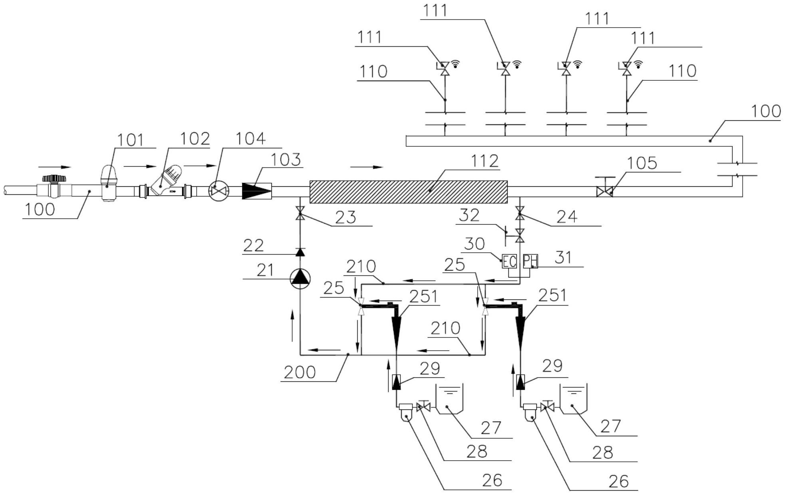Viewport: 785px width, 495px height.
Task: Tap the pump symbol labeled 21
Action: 300,278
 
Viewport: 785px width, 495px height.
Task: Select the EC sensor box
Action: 509,261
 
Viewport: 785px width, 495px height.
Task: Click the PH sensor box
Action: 530,261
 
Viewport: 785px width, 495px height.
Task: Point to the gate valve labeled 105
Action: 604,192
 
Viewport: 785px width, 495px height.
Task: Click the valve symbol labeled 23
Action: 300,214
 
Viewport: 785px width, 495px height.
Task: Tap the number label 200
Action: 300,372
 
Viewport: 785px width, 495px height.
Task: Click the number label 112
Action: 484,161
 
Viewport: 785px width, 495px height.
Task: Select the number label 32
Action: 469,216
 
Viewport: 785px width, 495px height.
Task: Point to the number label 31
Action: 564,257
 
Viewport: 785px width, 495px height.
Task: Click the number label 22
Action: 253,245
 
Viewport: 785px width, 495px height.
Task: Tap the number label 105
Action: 642,163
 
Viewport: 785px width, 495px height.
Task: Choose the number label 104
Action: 250,138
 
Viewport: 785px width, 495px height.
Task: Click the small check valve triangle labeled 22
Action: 300,252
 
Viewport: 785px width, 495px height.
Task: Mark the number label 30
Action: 474,244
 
